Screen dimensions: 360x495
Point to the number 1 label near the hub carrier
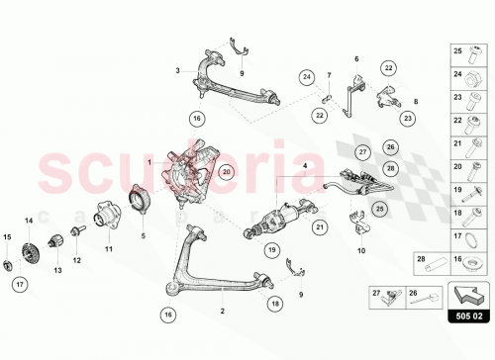(x=149, y=161)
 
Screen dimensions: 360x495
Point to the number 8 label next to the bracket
(x=416, y=101)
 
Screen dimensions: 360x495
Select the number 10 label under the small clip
(x=360, y=251)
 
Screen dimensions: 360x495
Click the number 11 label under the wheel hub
(x=111, y=249)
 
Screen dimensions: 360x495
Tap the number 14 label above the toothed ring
(x=29, y=220)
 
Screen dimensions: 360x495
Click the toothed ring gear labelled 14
(x=29, y=252)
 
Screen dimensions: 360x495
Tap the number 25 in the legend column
(x=457, y=50)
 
